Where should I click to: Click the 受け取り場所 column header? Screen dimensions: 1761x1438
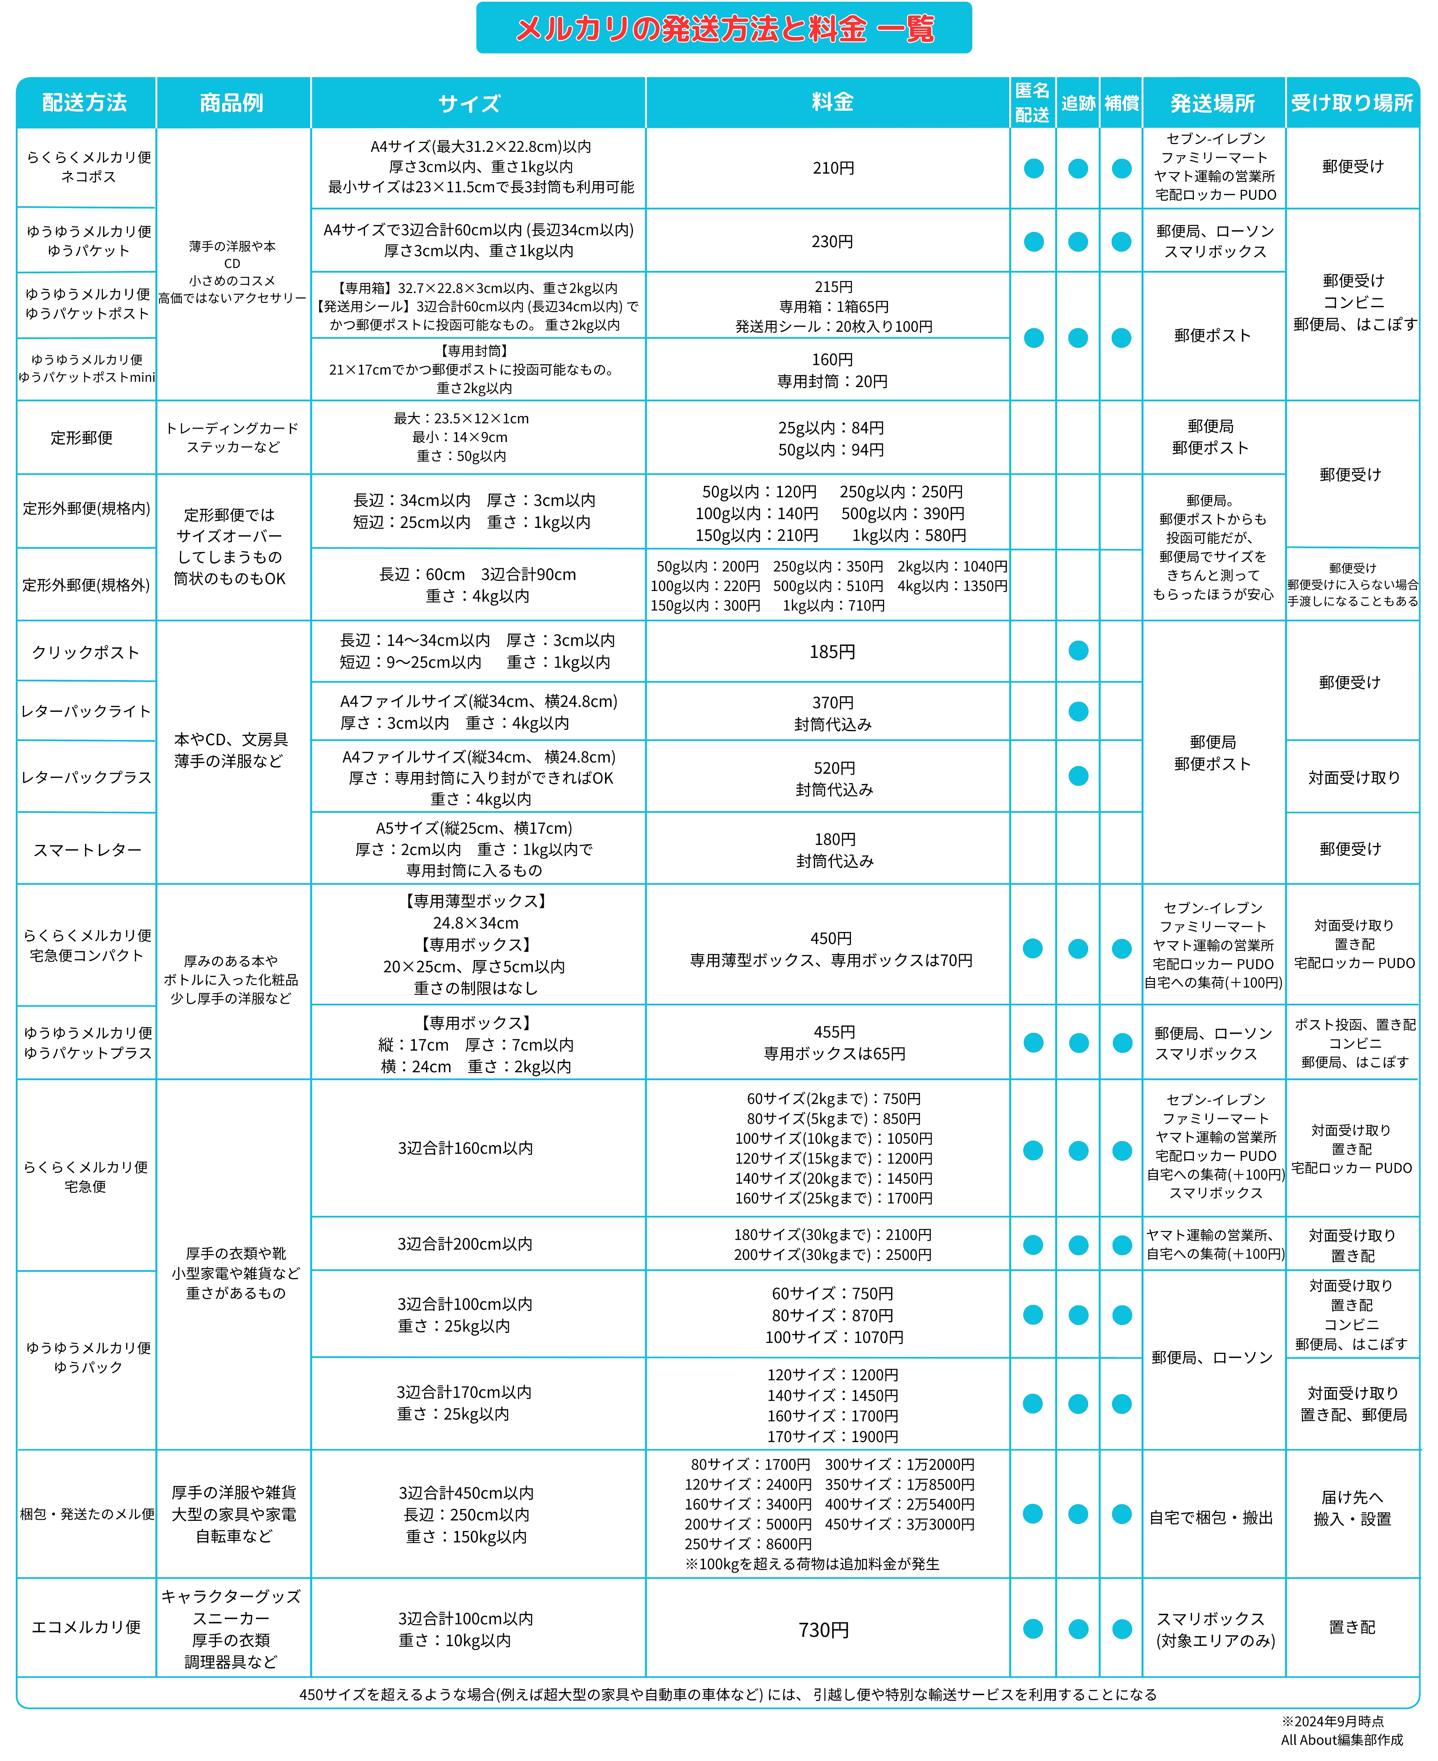[1352, 102]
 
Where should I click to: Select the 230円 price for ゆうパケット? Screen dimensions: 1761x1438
[833, 242]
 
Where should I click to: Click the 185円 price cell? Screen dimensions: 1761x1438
[833, 652]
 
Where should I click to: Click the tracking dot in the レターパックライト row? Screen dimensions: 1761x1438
[1078, 711]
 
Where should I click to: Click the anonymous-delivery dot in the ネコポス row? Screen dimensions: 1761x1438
[1033, 168]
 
